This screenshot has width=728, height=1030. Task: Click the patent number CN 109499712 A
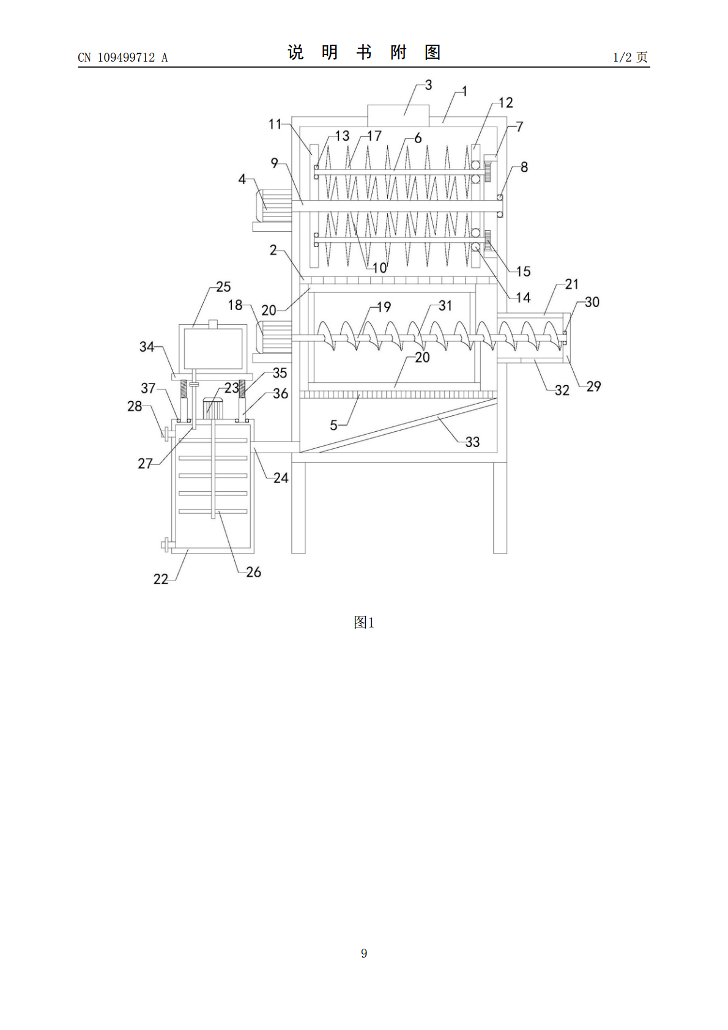[123, 57]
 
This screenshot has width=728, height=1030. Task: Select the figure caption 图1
[364, 623]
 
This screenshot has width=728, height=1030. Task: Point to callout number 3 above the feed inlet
[429, 85]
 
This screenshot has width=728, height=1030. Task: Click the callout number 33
[472, 442]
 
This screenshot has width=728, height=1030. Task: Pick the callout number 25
[223, 287]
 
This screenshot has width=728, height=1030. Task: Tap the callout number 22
[160, 579]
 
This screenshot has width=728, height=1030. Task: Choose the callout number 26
[253, 572]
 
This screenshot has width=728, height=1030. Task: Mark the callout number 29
[593, 387]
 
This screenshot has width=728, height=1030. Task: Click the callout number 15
[523, 272]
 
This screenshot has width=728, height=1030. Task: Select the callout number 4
[242, 179]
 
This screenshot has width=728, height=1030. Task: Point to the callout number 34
[147, 347]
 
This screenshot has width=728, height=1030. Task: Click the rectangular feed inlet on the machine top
[398, 116]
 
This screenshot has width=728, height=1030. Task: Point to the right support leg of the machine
[500, 508]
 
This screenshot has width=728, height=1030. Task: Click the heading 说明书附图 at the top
[364, 52]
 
